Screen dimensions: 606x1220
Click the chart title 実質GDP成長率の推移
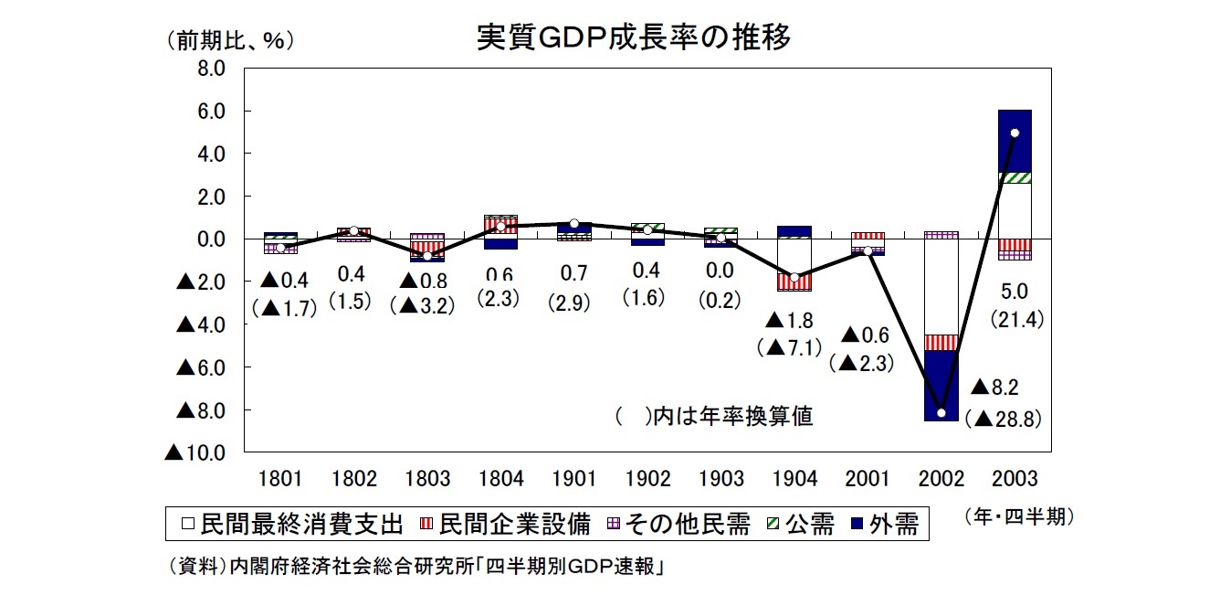coord(634,37)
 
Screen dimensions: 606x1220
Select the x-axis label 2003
coord(1014,479)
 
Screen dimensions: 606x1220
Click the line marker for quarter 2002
coord(941,412)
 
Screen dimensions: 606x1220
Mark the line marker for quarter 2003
coord(1014,133)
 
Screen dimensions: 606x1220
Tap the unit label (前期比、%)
coord(231,41)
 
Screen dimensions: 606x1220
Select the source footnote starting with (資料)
coord(415,567)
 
